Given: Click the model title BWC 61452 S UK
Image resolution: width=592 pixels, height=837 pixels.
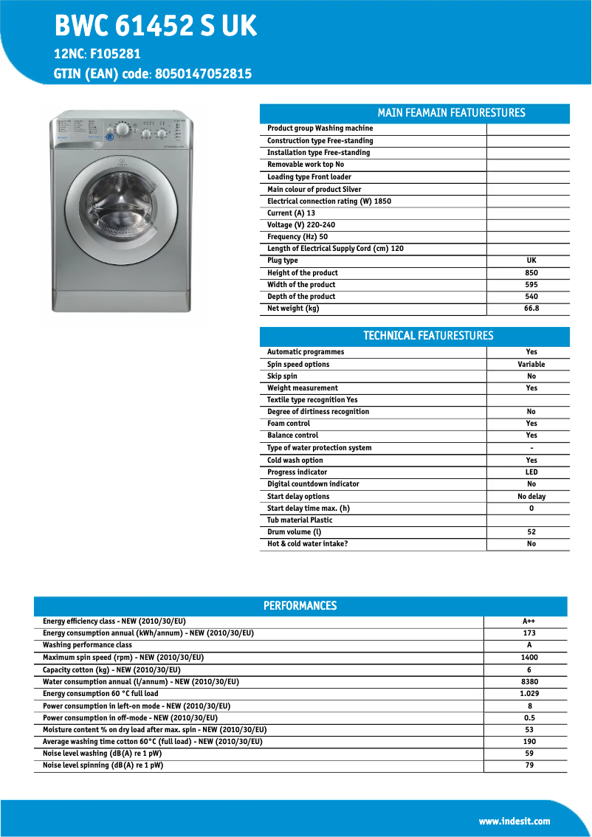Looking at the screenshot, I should click(x=156, y=27).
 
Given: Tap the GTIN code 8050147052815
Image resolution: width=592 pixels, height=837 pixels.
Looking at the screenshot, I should click(x=202, y=74).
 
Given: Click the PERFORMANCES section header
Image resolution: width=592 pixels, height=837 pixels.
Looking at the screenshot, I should click(x=300, y=606).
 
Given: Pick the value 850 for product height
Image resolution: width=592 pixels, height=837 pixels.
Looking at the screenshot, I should click(x=531, y=272).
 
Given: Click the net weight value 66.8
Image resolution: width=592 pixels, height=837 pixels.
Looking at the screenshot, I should click(x=531, y=309).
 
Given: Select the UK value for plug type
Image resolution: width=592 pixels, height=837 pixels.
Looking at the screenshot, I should click(x=531, y=261).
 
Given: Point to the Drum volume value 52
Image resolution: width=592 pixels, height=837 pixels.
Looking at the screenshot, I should click(x=531, y=532).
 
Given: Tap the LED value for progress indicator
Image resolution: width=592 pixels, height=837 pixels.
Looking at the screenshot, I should click(x=531, y=472).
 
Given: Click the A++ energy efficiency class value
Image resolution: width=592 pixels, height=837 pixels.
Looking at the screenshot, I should click(x=529, y=621).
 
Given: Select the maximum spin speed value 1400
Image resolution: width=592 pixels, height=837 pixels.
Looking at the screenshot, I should click(x=529, y=658).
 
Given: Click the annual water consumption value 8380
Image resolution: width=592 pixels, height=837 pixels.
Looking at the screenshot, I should click(x=529, y=681).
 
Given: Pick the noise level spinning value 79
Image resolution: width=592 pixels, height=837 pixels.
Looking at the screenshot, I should click(x=529, y=765).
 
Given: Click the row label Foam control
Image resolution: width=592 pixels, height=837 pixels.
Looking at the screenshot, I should click(x=289, y=424).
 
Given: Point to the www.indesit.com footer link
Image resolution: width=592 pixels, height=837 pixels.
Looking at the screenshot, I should click(x=514, y=821).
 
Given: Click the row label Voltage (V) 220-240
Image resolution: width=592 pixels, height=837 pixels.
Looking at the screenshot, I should click(x=301, y=225).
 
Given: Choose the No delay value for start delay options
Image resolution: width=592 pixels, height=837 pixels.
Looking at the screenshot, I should click(x=531, y=497).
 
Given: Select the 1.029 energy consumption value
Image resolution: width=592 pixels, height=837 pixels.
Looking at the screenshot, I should click(x=529, y=694).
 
